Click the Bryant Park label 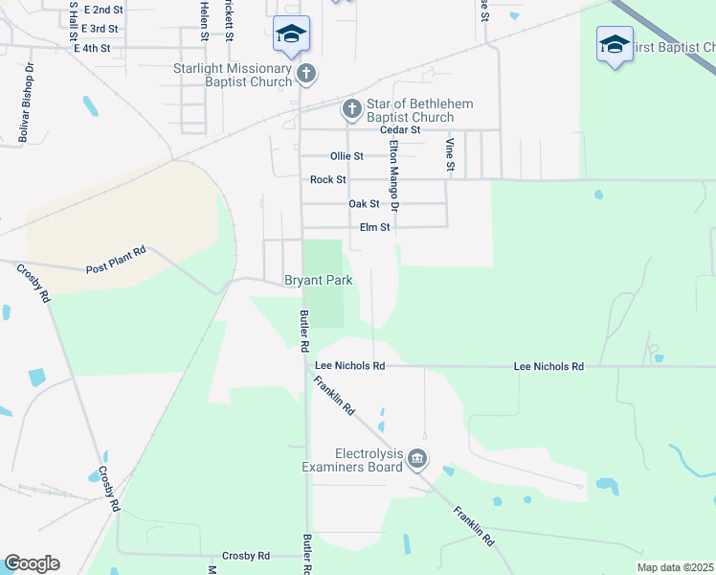[x=318, y=281]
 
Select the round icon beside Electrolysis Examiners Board [x=417, y=460]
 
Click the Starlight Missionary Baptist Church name [x=232, y=75]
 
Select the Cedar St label [x=400, y=129]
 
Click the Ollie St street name [x=347, y=155]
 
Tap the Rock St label [x=327, y=180]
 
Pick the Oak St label [x=364, y=204]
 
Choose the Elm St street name [x=374, y=228]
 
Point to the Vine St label [x=450, y=155]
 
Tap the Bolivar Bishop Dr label [x=26, y=103]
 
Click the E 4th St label [x=92, y=48]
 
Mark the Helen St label [x=204, y=19]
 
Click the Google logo [x=32, y=563]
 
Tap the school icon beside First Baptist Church [x=615, y=43]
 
